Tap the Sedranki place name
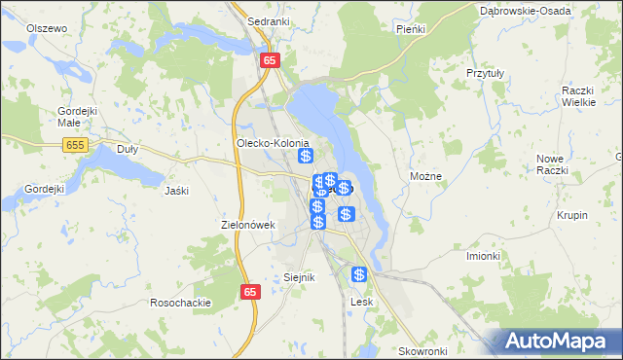(x=266, y=20)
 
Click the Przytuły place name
(x=485, y=73)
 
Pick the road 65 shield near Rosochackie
(x=251, y=291)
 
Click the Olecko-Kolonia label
(x=273, y=143)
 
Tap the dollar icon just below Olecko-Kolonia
(x=306, y=156)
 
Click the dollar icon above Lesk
(x=359, y=275)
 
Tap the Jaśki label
(x=176, y=191)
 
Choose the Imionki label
(x=483, y=256)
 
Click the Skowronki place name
(x=421, y=350)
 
